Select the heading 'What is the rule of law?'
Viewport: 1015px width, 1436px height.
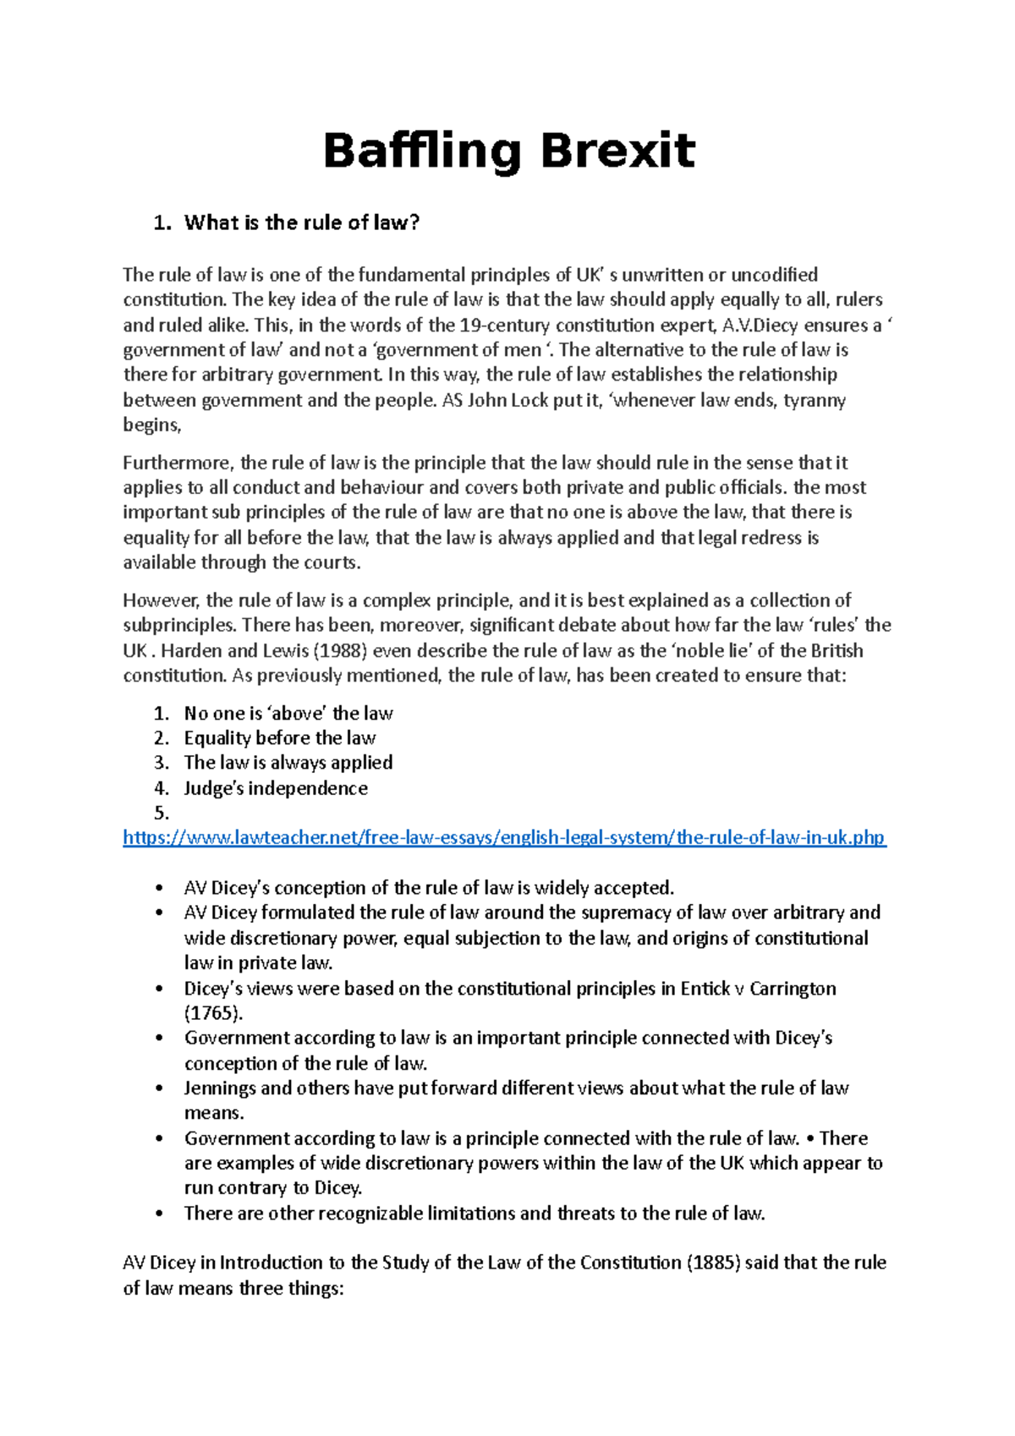click(301, 223)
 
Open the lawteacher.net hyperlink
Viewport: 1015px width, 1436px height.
click(504, 837)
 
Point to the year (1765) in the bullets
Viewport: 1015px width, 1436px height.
click(213, 1013)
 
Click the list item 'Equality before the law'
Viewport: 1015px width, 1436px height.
click(280, 737)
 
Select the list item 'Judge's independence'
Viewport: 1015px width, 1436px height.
click(276, 788)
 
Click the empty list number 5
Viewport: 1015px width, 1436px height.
click(162, 814)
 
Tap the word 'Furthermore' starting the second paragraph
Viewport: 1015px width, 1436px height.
click(177, 463)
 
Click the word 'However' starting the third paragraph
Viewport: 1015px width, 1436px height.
click(160, 600)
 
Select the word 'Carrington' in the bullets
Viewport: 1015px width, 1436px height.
click(793, 989)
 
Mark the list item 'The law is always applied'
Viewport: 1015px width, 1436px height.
click(288, 763)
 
